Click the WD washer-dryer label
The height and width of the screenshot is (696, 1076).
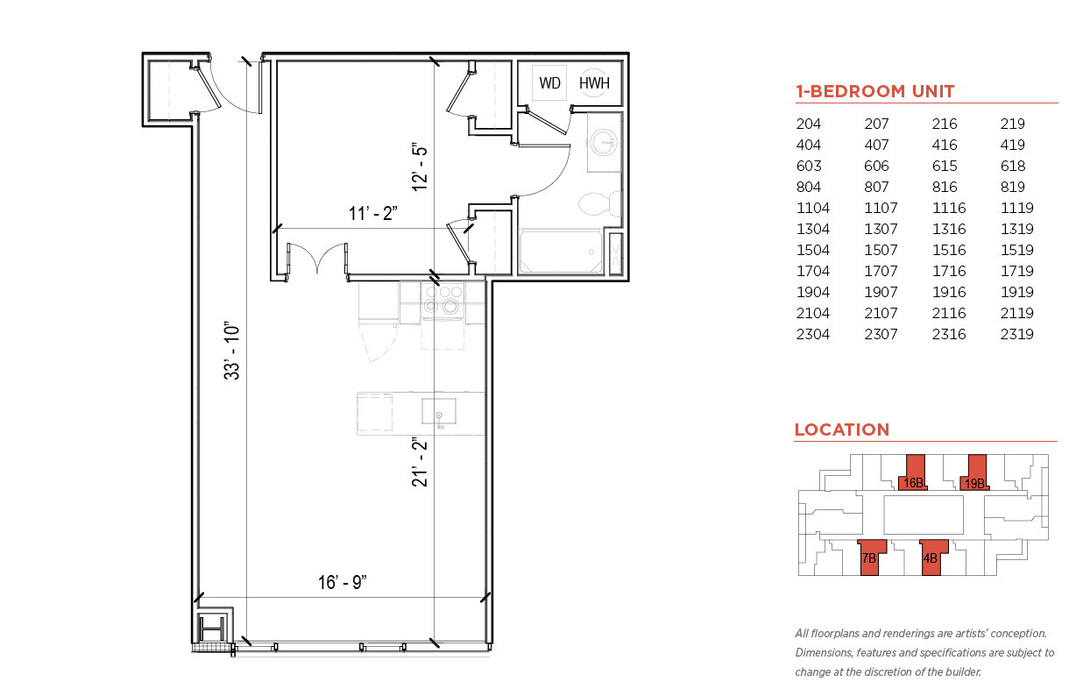[549, 83]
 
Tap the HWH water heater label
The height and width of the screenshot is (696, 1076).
[594, 83]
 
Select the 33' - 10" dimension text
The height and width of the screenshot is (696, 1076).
[231, 351]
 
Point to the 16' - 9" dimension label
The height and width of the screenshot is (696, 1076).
[342, 582]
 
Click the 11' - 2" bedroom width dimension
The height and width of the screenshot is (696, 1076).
[373, 213]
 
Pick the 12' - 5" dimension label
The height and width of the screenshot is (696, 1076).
[420, 167]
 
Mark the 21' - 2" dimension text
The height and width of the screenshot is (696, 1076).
[420, 462]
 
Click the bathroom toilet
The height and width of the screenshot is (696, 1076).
[599, 203]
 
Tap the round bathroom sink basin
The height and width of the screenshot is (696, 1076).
[604, 142]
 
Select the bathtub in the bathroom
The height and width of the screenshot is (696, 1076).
[561, 252]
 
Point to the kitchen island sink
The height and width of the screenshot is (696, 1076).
[439, 411]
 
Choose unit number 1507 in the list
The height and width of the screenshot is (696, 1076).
[881, 250]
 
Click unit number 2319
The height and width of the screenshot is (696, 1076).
[1016, 334]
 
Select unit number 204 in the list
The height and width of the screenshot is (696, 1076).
[809, 124]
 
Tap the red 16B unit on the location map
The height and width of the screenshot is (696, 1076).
[913, 473]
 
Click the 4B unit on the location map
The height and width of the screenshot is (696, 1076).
[933, 558]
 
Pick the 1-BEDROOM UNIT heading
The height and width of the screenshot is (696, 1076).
[874, 91]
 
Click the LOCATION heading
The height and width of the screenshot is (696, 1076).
[842, 430]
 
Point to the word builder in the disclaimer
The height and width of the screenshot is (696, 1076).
[963, 671]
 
